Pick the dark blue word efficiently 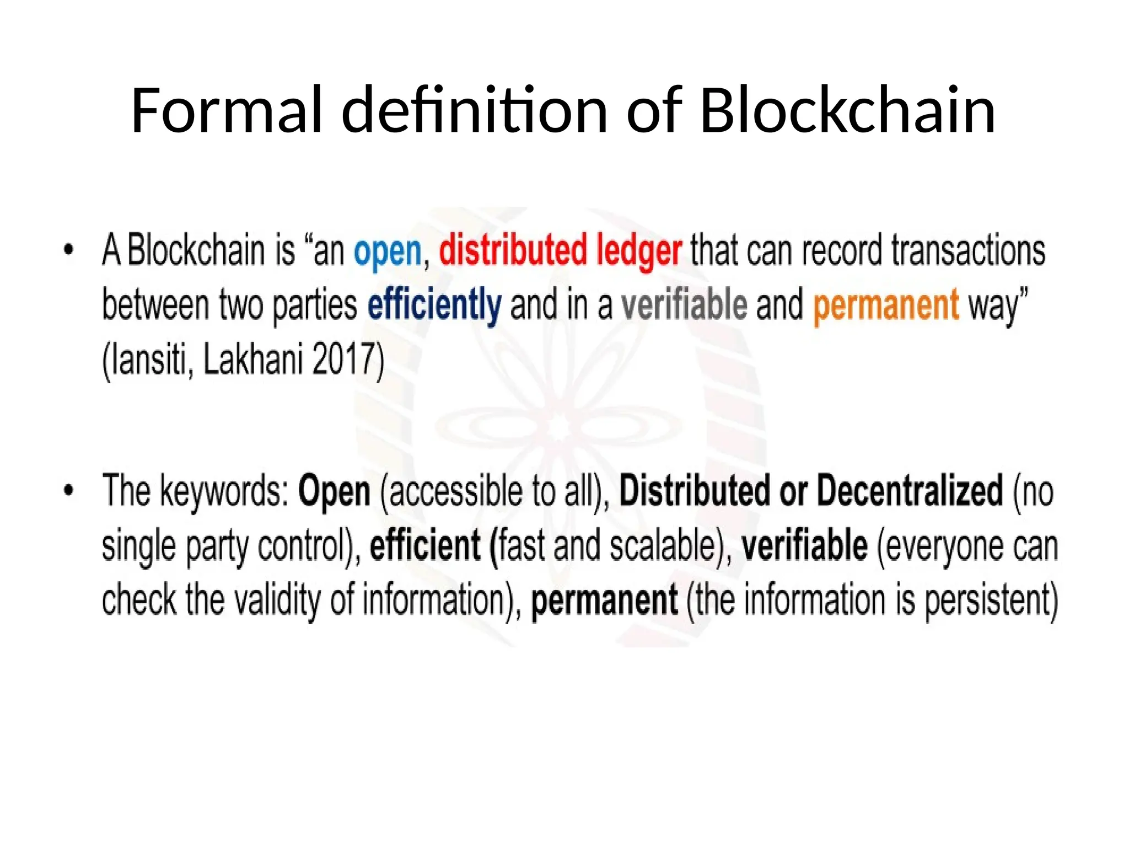tap(434, 305)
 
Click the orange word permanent tap(886, 305)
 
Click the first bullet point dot tap(69, 250)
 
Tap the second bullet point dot tap(69, 490)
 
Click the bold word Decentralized tap(910, 490)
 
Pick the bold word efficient tap(425, 545)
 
